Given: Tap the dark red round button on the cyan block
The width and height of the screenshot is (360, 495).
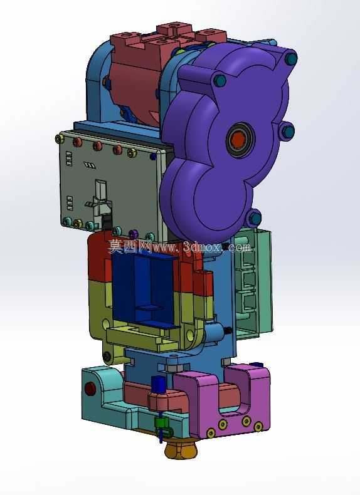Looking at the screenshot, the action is pyautogui.click(x=90, y=388).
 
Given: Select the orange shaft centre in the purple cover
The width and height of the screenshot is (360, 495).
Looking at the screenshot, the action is pyautogui.click(x=238, y=139).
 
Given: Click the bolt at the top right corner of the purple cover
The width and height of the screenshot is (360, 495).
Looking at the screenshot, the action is pyautogui.click(x=291, y=58).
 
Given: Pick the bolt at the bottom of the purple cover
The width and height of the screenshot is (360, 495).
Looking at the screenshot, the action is pyautogui.click(x=254, y=217).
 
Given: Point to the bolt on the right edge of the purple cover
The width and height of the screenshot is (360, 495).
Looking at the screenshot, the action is pyautogui.click(x=288, y=132).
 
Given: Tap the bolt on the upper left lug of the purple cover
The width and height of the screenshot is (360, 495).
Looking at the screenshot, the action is pyautogui.click(x=220, y=80).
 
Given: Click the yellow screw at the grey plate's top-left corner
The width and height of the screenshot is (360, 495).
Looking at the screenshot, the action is pyautogui.click(x=60, y=138).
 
